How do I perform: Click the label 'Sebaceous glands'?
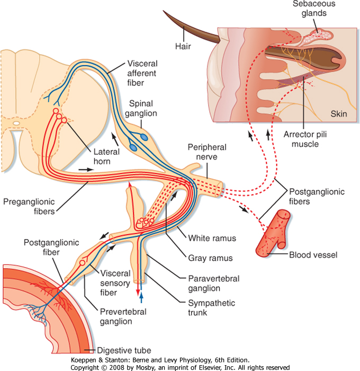[314, 8]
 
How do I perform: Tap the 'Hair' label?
[183, 46]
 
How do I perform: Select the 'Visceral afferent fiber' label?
[142, 73]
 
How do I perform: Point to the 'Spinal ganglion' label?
[141, 108]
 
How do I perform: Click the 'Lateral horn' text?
[106, 156]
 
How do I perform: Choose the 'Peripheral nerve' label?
[207, 152]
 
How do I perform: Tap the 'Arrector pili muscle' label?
[305, 139]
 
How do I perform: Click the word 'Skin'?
[339, 114]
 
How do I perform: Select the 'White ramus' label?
[212, 238]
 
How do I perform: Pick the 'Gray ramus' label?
[210, 258]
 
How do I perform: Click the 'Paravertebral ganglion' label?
[214, 284]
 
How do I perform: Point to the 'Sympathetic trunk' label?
[212, 307]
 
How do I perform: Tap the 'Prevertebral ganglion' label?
[123, 316]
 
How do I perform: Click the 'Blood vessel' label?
[313, 255]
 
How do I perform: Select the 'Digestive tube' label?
[124, 350]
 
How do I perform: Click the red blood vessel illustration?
[274, 233]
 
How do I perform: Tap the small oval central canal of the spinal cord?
[16, 123]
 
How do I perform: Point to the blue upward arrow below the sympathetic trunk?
[141, 298]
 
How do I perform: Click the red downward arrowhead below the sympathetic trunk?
[138, 293]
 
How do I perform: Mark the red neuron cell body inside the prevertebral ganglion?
[82, 263]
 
